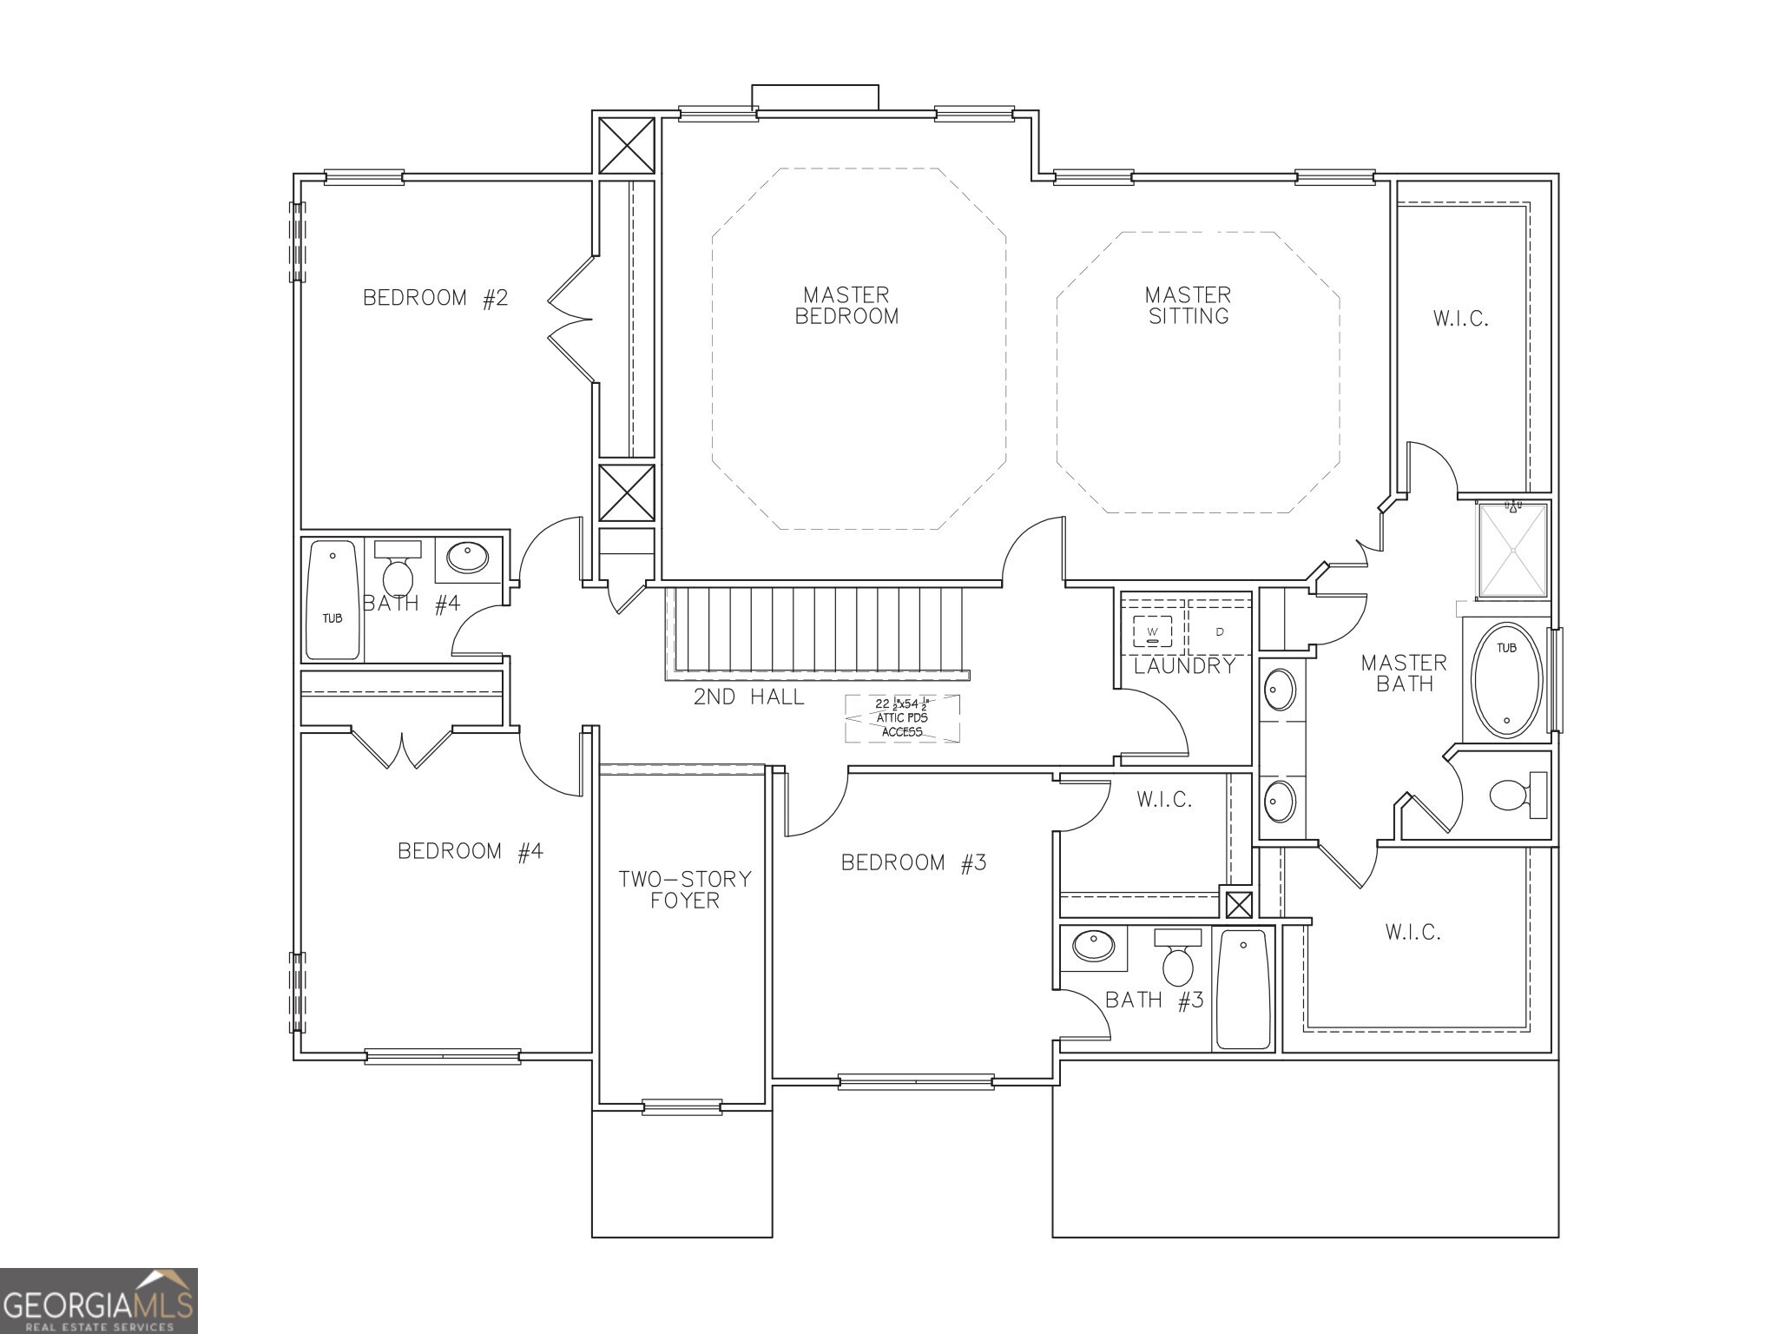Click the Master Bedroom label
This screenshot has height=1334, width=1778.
[x=846, y=306]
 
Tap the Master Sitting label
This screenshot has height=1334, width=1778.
[x=1188, y=306]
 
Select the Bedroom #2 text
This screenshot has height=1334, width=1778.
[x=435, y=298]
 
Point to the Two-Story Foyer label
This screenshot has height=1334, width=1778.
[x=684, y=889]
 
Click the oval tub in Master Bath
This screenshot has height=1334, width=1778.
[x=1506, y=680]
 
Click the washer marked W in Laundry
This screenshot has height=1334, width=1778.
[x=1152, y=631]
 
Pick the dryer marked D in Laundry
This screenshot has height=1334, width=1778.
[x=1219, y=631]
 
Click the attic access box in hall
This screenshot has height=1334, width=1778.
[x=902, y=718]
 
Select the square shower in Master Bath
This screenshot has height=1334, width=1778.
[x=1512, y=551]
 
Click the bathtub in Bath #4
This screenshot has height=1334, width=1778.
[x=333, y=601]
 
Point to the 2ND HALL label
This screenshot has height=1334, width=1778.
[x=748, y=697]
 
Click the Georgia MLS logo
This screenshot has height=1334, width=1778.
[x=98, y=1300]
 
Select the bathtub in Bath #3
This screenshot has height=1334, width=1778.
[x=1242, y=989]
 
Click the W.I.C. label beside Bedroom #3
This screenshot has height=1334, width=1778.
[x=1164, y=800]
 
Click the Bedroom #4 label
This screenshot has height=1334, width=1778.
[x=470, y=851]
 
